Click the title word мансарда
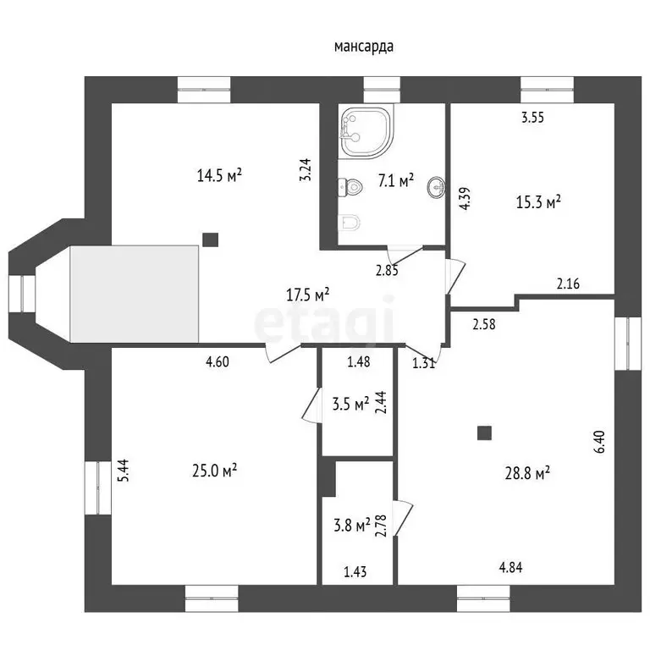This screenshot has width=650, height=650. [364, 47]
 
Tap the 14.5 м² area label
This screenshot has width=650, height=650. [219, 175]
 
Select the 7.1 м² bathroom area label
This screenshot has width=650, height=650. [396, 180]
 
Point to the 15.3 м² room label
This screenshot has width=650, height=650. [538, 202]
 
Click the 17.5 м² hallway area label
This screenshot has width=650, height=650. [307, 295]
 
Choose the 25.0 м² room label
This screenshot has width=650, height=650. [215, 471]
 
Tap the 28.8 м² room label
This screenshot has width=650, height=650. [527, 472]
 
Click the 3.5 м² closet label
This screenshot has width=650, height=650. [350, 404]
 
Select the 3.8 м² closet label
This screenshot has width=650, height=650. [352, 526]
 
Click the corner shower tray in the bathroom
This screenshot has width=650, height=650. [366, 133]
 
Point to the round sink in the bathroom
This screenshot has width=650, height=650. [436, 187]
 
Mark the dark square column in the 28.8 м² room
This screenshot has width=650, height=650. [484, 432]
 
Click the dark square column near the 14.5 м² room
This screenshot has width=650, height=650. [210, 240]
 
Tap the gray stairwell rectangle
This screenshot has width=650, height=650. [135, 294]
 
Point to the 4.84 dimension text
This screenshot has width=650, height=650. [510, 567]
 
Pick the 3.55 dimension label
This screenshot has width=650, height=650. [532, 118]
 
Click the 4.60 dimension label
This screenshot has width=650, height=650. [218, 362]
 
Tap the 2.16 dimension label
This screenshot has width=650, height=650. [568, 284]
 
